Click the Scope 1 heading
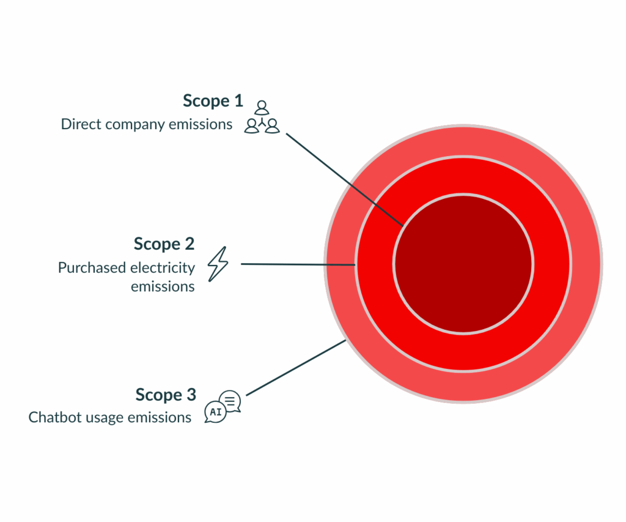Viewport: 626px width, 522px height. (x=213, y=100)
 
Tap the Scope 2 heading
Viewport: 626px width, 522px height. (x=164, y=244)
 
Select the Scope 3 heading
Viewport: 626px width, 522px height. (x=166, y=395)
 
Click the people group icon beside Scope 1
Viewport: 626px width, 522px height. (x=262, y=117)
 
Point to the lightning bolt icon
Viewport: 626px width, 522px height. (x=218, y=264)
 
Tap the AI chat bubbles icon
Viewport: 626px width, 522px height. (x=223, y=407)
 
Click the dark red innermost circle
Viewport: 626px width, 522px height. (x=463, y=264)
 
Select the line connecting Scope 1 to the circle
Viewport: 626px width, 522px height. (x=344, y=179)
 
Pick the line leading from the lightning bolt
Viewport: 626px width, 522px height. (x=298, y=264)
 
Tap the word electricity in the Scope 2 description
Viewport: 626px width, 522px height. (x=163, y=268)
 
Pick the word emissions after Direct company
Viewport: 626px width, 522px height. (x=202, y=124)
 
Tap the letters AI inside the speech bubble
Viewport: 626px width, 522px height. (x=215, y=412)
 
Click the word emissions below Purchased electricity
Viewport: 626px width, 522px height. (x=163, y=286)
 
